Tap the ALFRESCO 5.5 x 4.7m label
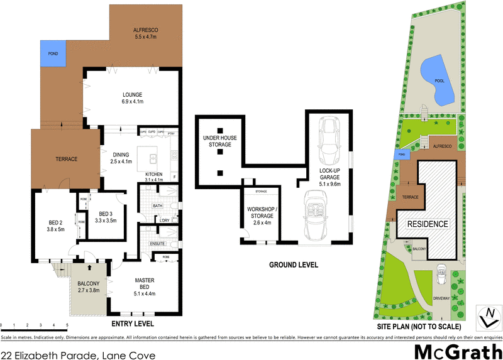point(145,33)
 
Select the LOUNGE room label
point(133,98)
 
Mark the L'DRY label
point(165,220)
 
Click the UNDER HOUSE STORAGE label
point(216,141)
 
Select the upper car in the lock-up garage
point(329,134)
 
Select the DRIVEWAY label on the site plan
point(441,299)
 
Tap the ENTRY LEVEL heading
point(132,324)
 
